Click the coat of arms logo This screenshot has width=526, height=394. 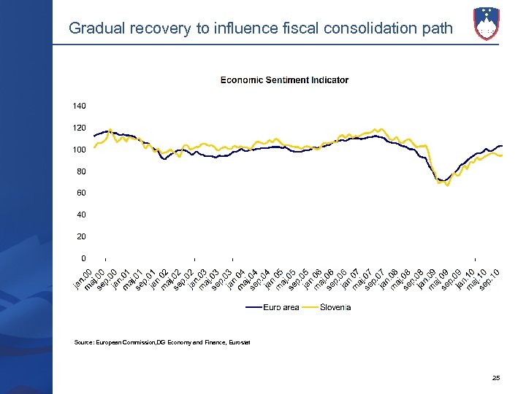point(487,23)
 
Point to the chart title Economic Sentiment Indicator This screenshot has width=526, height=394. point(284,80)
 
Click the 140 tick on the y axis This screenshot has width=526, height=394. point(79,107)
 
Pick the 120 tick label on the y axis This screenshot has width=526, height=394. point(79,128)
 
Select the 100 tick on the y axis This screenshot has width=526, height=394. point(79,150)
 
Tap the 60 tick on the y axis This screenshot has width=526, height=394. point(81,193)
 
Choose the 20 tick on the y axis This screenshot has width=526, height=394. point(81,236)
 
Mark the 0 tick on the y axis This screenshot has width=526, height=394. point(83,258)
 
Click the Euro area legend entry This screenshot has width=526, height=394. point(281,307)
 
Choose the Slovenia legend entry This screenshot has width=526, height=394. point(335,307)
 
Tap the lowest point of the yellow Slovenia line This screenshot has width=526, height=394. point(447,185)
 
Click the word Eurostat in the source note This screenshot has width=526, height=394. point(238,343)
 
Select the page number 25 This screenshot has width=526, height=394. point(496,378)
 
